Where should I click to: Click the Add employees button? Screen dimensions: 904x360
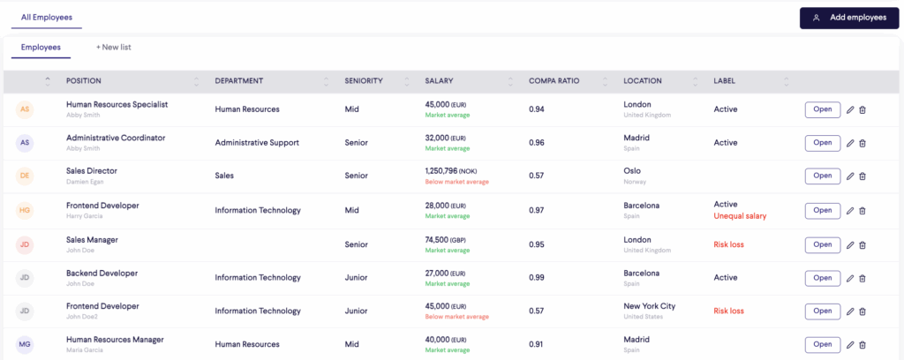(x=849, y=18)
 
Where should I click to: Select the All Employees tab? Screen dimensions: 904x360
(x=47, y=18)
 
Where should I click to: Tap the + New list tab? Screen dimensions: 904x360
(x=114, y=48)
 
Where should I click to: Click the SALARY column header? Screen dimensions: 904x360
(x=439, y=81)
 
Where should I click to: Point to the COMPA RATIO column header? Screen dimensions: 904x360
(x=554, y=81)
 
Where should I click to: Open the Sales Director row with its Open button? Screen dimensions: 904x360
(x=822, y=176)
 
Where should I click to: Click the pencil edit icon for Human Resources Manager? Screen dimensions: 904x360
(x=850, y=345)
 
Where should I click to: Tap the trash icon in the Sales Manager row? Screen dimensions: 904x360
(x=863, y=244)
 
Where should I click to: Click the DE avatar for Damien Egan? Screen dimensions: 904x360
(x=25, y=176)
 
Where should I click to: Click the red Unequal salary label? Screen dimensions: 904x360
(x=740, y=216)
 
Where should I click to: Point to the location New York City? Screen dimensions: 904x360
(x=649, y=306)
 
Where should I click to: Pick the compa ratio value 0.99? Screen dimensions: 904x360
(x=536, y=278)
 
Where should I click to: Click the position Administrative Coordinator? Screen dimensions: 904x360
(x=116, y=138)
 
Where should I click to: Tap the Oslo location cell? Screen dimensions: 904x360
(x=632, y=171)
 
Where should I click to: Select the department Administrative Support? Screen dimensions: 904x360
(x=257, y=143)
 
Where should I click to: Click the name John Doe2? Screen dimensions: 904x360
(x=81, y=317)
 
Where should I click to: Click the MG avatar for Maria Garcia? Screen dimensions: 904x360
(x=25, y=344)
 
